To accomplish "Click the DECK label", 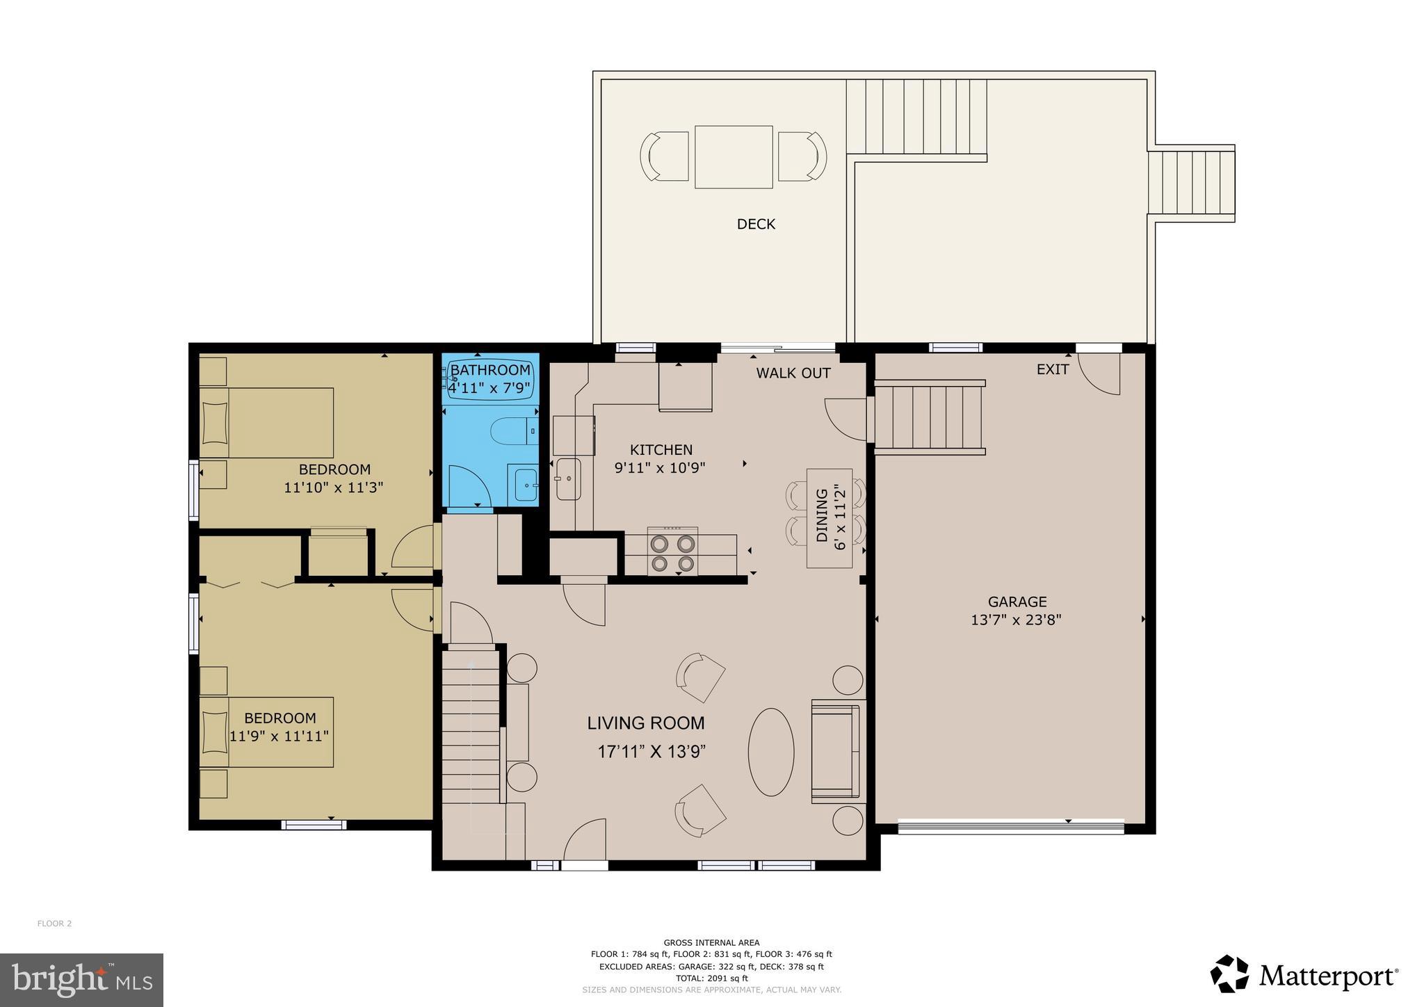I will pos(755,224).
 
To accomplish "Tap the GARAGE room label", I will pos(1017,602).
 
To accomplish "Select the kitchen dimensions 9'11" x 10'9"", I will pos(660,468).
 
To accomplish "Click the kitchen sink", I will pos(568,478).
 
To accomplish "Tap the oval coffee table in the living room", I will pos(770,751).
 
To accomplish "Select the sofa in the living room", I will pos(835,751).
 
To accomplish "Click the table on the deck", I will pos(734,156).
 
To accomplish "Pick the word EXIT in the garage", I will pos(1052,369).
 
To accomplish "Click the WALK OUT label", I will pos(793,373).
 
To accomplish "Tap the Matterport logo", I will pos(1304,976).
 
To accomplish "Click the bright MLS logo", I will pos(81,980).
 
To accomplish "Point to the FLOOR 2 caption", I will pos(54,924).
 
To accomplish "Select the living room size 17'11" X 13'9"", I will pos(652,752).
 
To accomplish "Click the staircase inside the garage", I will pos(929,417).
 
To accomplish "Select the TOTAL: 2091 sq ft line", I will pos(711,978).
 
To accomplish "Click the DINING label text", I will pos(821,515).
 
